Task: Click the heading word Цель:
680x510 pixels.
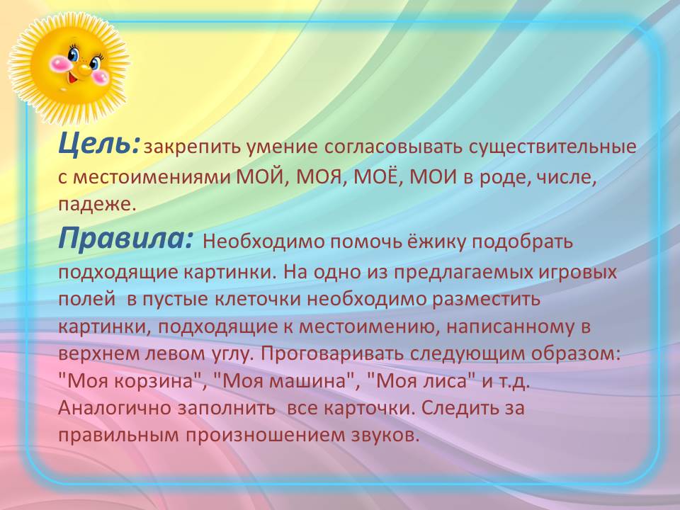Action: point(99,144)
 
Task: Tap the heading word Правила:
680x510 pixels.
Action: point(125,238)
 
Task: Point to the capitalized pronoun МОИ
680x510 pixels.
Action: point(433,176)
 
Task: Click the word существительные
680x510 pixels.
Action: point(552,147)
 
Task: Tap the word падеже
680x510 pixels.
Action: point(97,205)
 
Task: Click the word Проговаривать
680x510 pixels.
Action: point(332,354)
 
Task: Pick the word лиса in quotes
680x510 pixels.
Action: point(448,381)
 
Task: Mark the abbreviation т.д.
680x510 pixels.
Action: point(514,382)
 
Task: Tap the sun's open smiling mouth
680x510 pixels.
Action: point(72,79)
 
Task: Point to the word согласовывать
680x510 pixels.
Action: point(393,147)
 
